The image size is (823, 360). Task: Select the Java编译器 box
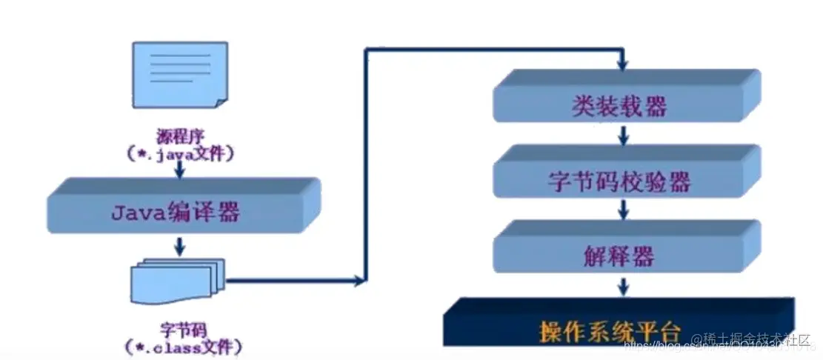(x=178, y=213)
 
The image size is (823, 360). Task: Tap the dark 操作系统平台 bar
(x=615, y=327)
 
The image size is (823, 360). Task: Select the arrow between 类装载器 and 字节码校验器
(x=624, y=134)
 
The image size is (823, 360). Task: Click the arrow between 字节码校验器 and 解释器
(x=624, y=210)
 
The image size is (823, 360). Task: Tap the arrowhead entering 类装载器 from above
(x=624, y=64)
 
